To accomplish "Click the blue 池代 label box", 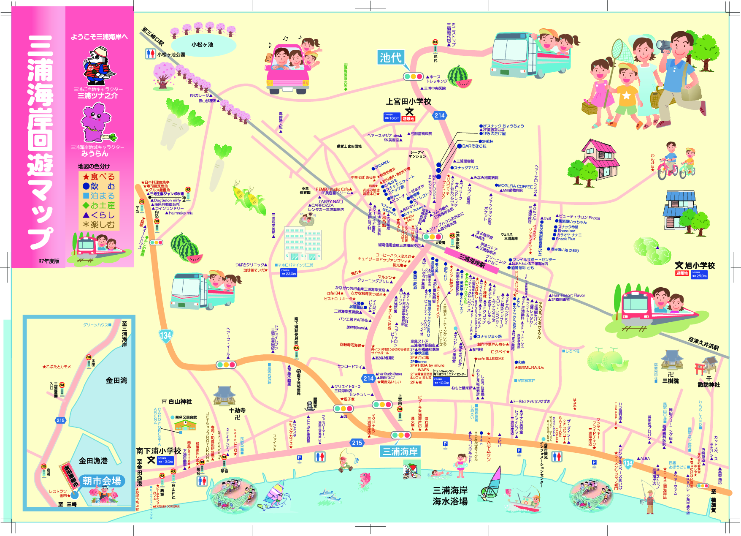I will pos(391,57).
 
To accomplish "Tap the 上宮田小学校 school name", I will pos(408,101).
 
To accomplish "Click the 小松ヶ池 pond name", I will pos(202,44).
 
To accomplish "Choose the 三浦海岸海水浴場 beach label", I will pos(450,496).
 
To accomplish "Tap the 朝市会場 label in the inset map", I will pos(102,481).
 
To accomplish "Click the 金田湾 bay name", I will pos(116,380).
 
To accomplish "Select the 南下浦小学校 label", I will pos(158,451).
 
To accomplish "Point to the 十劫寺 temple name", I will pos(237,410).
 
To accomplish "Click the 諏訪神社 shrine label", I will pos(709,384).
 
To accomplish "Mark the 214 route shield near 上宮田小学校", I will pos(440,115).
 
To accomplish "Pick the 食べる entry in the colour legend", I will pos(99,177).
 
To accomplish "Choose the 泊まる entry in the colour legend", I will pos(99,196).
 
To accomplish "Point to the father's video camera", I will pos(663,44).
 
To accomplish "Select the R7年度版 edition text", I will pos(49,261).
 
